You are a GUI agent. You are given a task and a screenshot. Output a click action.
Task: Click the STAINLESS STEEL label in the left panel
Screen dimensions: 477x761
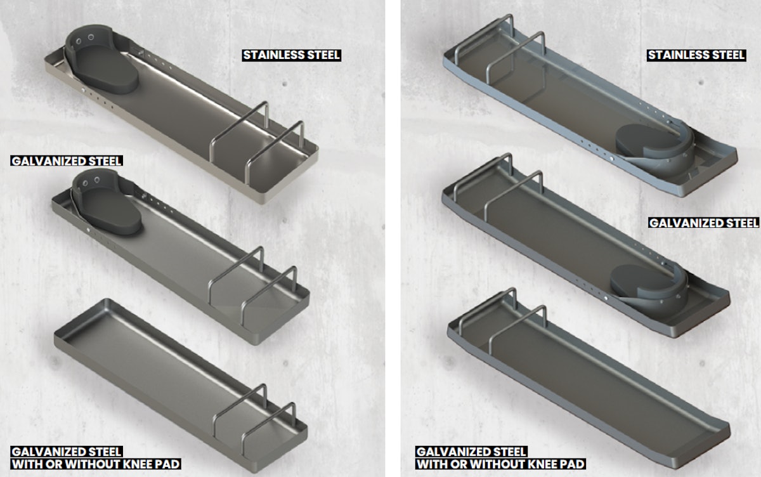pyautogui.click(x=292, y=55)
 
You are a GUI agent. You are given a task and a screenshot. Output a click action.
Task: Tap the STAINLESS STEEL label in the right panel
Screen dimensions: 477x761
pyautogui.click(x=696, y=55)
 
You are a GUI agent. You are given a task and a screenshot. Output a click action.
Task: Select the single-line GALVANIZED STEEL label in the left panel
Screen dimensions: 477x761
pyautogui.click(x=67, y=161)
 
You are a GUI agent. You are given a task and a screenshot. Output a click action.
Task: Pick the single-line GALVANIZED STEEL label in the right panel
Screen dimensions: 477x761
pyautogui.click(x=704, y=223)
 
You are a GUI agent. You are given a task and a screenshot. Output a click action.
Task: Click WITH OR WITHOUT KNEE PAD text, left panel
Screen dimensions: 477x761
pyautogui.click(x=95, y=464)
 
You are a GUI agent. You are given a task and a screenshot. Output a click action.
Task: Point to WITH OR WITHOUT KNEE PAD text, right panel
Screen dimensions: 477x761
pyautogui.click(x=500, y=464)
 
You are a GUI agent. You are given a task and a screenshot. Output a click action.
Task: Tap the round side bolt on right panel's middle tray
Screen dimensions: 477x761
pyautogui.click(x=607, y=297)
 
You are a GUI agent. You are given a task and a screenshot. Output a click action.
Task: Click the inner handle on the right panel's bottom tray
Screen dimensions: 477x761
pyautogui.click(x=523, y=323)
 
